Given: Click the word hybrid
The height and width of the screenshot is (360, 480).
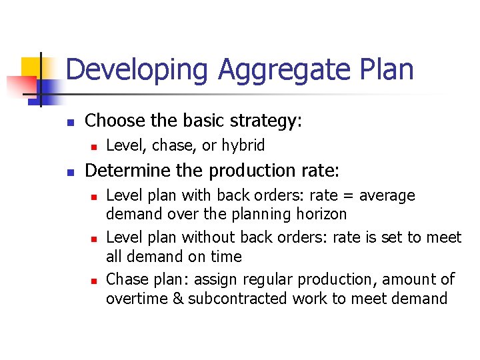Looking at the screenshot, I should [243, 145].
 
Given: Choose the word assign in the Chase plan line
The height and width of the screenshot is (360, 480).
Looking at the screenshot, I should [221, 279].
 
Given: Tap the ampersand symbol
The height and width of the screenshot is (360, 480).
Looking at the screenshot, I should [177, 298].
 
